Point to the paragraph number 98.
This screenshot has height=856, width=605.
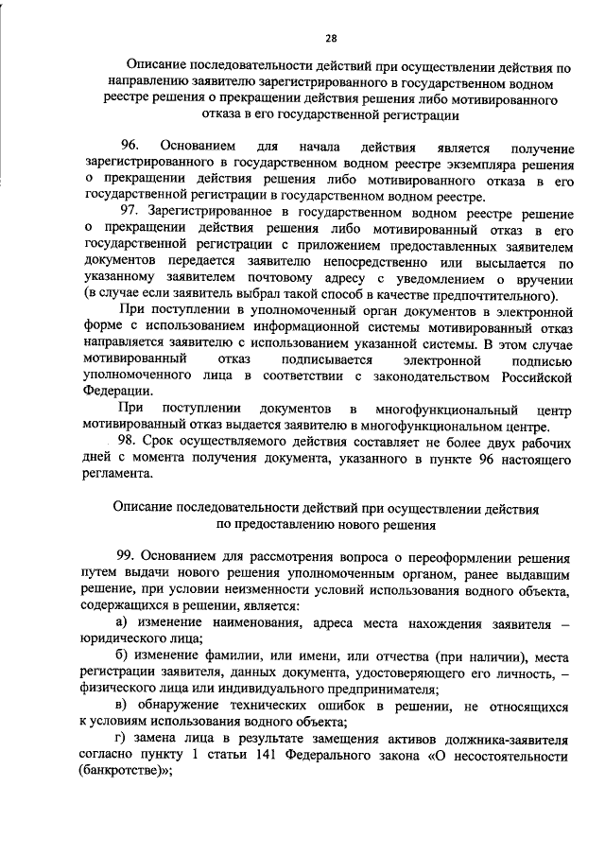coord(129,443)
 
